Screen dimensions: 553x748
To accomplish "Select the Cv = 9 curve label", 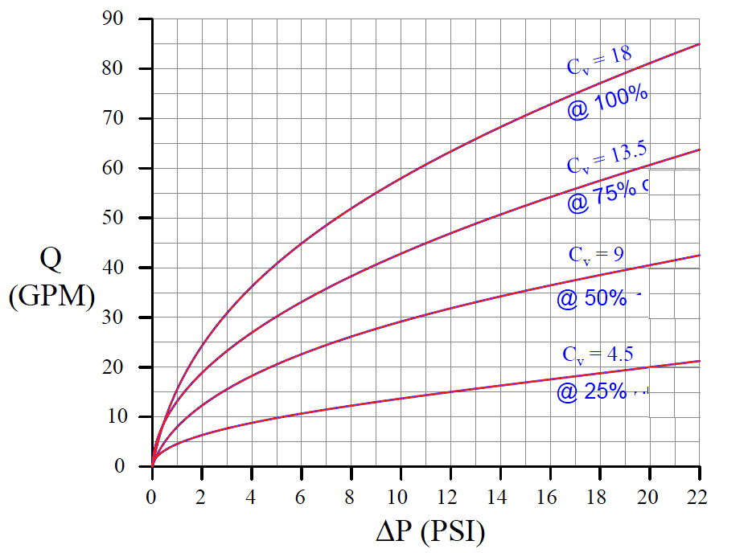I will click(596, 255).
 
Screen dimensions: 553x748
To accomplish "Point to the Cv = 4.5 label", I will click(594, 354).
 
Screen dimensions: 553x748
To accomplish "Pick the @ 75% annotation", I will click(607, 194).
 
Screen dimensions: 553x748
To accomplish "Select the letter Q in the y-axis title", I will click(50, 261).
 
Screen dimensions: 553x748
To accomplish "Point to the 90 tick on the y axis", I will click(121, 18).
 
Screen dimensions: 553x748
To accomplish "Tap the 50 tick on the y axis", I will click(121, 218).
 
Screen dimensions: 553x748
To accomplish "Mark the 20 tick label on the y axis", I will click(121, 367).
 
